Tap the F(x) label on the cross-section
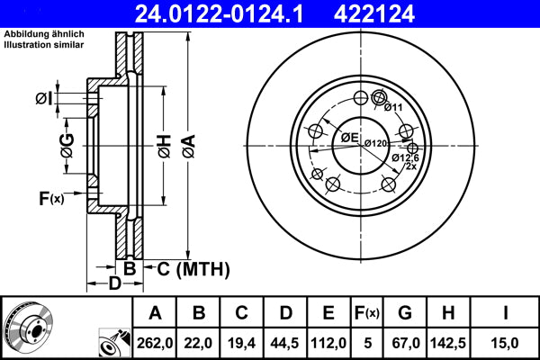pos(50,198)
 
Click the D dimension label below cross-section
pos(113,285)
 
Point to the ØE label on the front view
pos(349,137)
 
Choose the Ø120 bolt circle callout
pos(375,144)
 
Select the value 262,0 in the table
pos(155,343)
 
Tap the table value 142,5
pos(448,343)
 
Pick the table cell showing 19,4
pos(242,343)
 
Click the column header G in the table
pos(404,313)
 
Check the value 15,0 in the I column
pos(506,343)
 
